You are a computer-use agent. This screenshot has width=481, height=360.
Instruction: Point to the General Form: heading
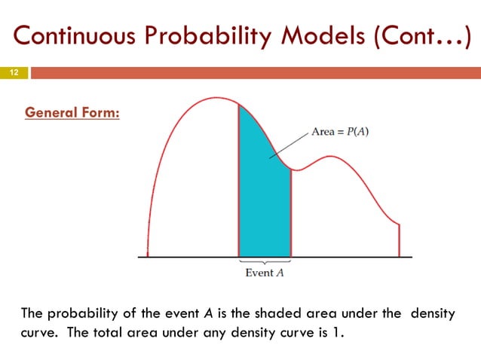[x=72, y=114]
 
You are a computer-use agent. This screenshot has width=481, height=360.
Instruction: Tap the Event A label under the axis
[x=265, y=273]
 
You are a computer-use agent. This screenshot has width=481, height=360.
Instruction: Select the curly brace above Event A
[x=265, y=261]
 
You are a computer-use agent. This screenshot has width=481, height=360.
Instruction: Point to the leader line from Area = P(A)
[x=290, y=144]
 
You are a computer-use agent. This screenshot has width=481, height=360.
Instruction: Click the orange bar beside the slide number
[x=255, y=73]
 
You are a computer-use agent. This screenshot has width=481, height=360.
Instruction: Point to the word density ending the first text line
[x=432, y=314]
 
